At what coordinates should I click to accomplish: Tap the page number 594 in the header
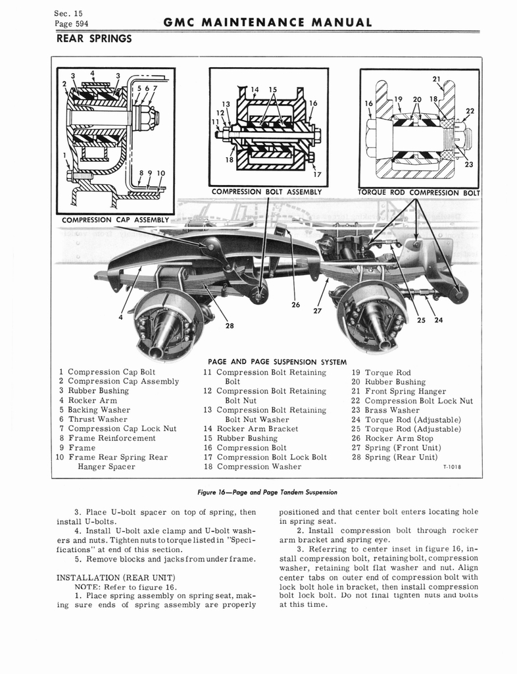(x=78, y=24)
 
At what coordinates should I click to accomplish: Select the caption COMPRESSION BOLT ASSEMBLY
(x=266, y=192)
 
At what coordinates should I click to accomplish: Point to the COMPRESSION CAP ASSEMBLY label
(x=114, y=220)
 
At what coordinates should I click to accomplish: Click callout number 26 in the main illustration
(x=296, y=305)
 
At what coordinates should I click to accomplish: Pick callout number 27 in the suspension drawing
(x=318, y=311)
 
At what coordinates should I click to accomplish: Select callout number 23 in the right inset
(x=469, y=165)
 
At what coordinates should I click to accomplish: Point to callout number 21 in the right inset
(x=436, y=79)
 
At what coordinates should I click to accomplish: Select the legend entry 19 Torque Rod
(x=381, y=373)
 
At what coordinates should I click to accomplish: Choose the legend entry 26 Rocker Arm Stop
(x=395, y=438)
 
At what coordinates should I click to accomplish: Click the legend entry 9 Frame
(x=77, y=448)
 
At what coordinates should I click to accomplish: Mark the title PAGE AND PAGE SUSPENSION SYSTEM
(x=277, y=361)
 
